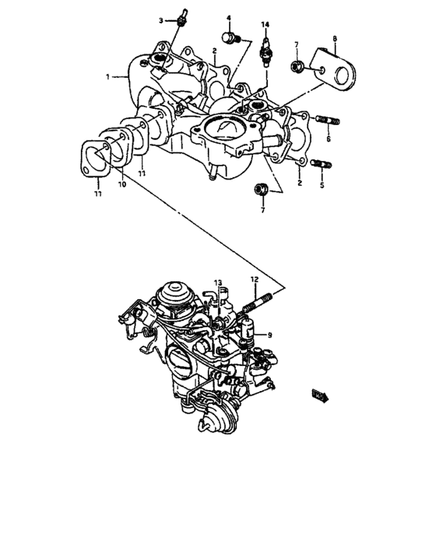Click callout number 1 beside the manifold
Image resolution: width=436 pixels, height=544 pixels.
109,77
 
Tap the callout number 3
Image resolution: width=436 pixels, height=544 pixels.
161,19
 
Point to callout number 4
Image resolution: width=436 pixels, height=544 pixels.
229,17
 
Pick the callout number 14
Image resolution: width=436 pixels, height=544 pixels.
265,26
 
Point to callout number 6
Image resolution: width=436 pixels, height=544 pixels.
328,138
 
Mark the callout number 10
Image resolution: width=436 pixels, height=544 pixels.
121,186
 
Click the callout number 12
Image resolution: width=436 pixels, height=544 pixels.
254,279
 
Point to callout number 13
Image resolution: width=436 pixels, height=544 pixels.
218,282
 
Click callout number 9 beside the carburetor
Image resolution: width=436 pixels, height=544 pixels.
269,335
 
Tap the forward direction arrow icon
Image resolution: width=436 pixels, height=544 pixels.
319,396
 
